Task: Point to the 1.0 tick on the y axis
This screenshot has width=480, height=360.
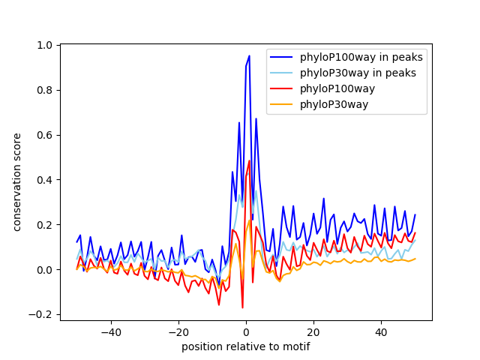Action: point(45,45)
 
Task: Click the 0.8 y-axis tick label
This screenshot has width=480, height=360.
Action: point(45,90)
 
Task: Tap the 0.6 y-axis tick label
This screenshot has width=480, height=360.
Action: point(45,135)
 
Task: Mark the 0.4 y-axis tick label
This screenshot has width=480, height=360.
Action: point(45,180)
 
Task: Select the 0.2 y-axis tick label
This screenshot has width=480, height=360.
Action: point(45,225)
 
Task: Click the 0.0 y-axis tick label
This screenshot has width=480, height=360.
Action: point(45,270)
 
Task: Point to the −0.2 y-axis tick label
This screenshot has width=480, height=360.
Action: point(42,315)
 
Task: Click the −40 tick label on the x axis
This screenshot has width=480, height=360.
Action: point(110,332)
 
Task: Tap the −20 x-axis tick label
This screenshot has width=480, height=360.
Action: point(178,332)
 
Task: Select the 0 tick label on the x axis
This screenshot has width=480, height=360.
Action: point(246,332)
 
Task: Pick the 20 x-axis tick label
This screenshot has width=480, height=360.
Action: point(313,332)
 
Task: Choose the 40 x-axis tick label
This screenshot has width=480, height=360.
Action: point(381,332)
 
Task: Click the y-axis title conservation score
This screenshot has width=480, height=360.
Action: point(17,182)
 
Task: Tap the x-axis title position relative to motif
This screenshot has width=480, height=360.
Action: point(246,346)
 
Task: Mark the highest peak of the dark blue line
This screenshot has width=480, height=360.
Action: point(249,55)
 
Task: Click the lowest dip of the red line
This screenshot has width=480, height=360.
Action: point(242,307)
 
